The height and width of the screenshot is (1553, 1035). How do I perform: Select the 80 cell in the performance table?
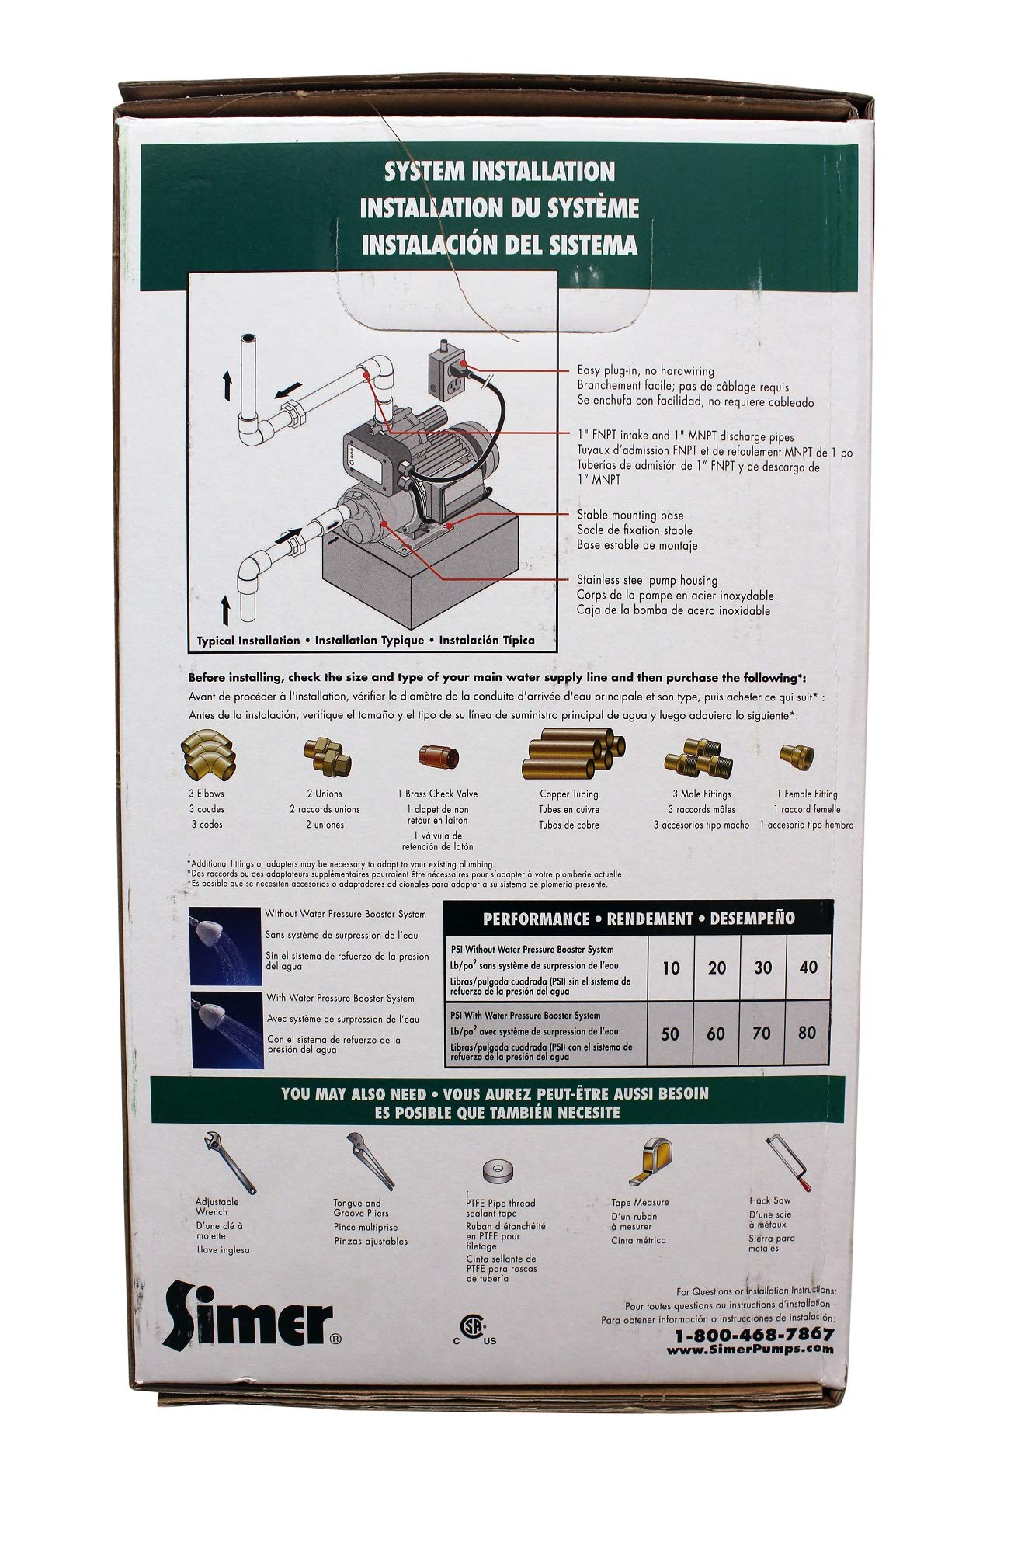pyautogui.click(x=808, y=1034)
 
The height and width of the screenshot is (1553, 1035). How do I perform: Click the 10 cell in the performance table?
pyautogui.click(x=672, y=968)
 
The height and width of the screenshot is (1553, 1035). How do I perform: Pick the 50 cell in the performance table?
pyautogui.click(x=672, y=1034)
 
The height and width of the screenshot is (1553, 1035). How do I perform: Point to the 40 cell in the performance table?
pyautogui.click(x=808, y=968)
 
